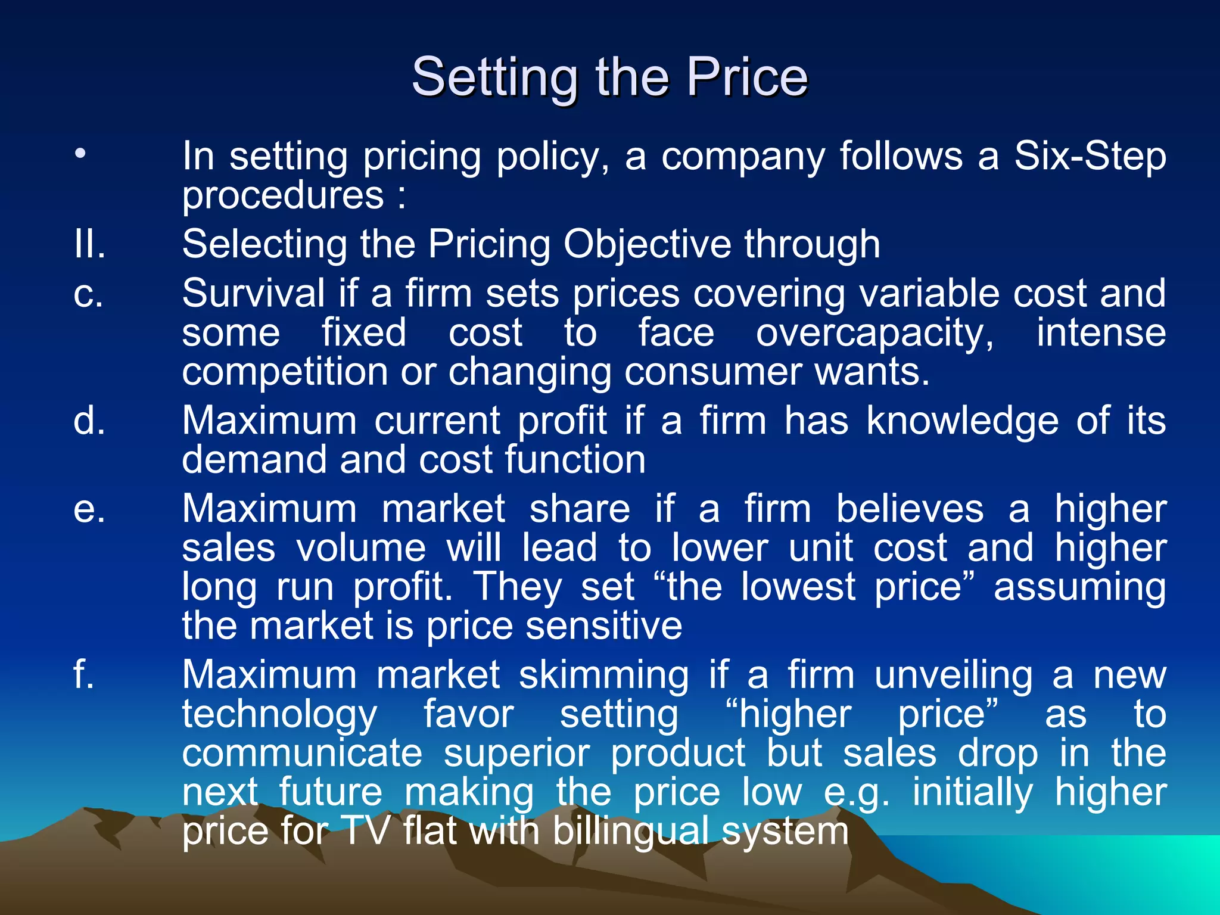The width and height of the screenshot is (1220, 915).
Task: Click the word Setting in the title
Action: tap(494, 77)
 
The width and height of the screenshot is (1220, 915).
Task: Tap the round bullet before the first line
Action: tap(80, 154)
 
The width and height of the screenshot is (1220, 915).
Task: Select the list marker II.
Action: tap(90, 244)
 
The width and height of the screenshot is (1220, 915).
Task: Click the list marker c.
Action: tap(88, 294)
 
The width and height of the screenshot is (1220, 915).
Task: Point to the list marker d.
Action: tap(89, 421)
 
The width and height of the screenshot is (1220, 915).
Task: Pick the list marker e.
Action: tap(89, 510)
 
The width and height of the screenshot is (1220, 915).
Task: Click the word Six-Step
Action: tap(1090, 157)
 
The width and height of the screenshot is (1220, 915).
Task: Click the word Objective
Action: tap(647, 245)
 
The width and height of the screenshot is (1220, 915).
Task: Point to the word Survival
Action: tap(253, 294)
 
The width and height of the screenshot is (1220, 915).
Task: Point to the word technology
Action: tap(279, 715)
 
